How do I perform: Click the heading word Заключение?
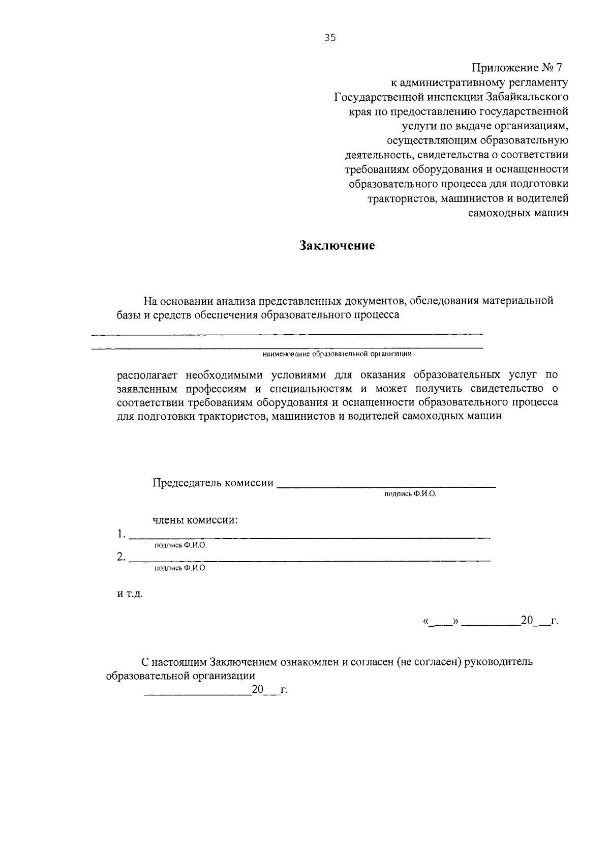pyautogui.click(x=337, y=246)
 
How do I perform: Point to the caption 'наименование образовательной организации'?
pyautogui.click(x=337, y=354)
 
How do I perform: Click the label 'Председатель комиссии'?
pyautogui.click(x=212, y=483)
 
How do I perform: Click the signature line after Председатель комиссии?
pyautogui.click(x=386, y=487)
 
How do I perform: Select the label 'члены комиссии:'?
pyautogui.click(x=196, y=520)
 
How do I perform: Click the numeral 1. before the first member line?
pyautogui.click(x=120, y=534)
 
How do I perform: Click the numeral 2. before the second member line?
pyautogui.click(x=120, y=557)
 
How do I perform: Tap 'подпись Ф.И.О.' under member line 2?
pyautogui.click(x=180, y=568)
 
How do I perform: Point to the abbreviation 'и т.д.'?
pyautogui.click(x=130, y=595)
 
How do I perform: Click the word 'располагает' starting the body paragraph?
pyautogui.click(x=147, y=375)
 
